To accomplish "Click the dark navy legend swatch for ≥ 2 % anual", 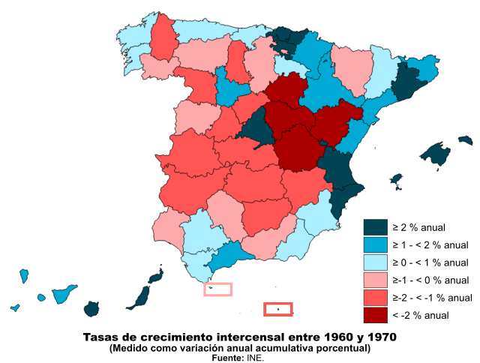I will click(x=376, y=227).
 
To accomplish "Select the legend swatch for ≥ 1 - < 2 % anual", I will click(x=376, y=245).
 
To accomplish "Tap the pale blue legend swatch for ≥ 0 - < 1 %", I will click(x=376, y=262).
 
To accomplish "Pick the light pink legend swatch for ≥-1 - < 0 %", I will click(x=376, y=280).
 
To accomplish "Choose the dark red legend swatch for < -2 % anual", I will click(x=376, y=315).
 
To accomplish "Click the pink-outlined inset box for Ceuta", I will click(x=217, y=289).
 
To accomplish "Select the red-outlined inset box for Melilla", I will click(x=278, y=309).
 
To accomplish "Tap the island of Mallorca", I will click(x=435, y=155).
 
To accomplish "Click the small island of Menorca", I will click(x=465, y=139).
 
